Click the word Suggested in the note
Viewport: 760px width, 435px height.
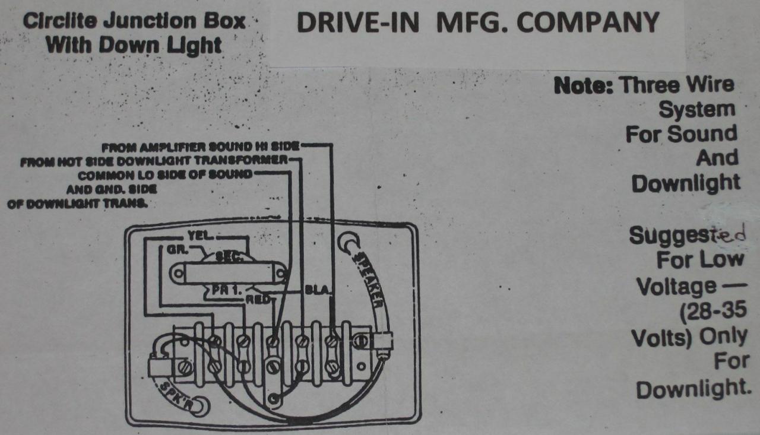click(686, 236)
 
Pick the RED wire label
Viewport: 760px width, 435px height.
click(258, 300)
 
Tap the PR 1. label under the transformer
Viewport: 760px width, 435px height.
click(223, 291)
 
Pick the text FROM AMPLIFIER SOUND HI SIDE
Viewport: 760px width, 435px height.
click(200, 146)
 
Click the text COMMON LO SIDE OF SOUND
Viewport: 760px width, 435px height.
click(165, 175)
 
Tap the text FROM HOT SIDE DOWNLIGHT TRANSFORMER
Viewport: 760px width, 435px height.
click(153, 161)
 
